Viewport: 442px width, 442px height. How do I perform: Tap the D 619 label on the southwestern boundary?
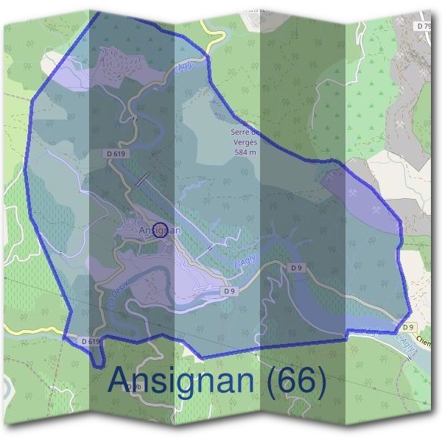90,342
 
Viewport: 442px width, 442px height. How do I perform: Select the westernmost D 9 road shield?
229,292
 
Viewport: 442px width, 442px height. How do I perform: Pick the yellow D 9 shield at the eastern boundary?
410,326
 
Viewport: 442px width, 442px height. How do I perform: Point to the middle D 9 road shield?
296,267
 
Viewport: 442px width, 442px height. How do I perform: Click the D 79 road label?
423,26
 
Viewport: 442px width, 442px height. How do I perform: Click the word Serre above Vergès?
242,132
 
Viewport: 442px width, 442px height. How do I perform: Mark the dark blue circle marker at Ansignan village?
161,231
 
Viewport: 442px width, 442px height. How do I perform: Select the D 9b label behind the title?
133,387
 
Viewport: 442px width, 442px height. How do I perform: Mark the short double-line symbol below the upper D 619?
142,179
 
